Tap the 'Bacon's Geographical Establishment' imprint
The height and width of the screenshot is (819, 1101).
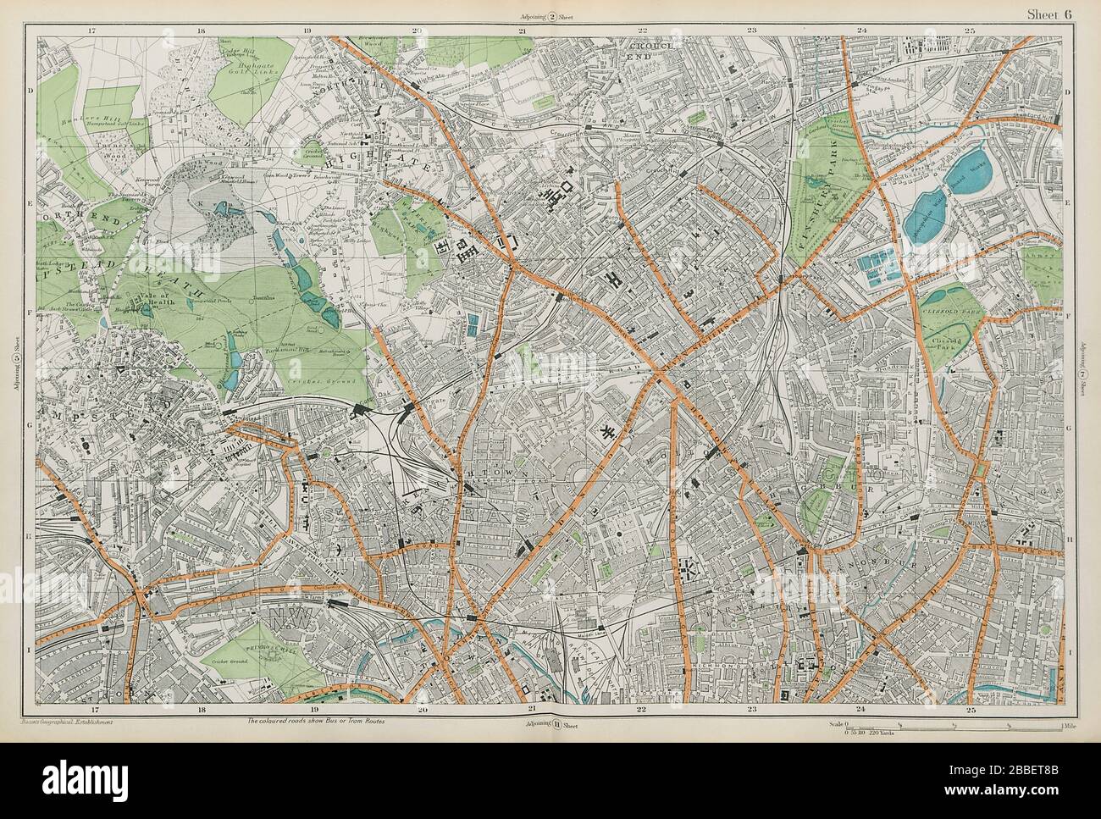point(66,722)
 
